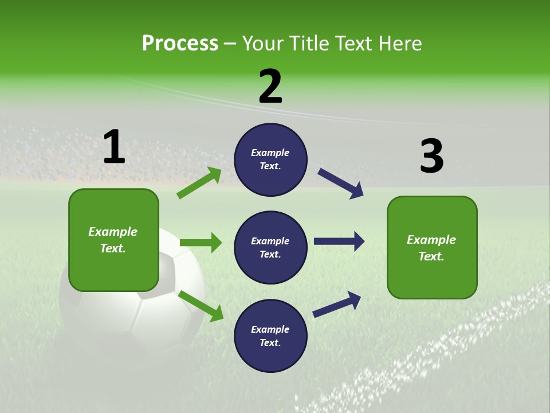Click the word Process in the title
(x=180, y=44)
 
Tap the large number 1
(x=114, y=147)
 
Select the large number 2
(x=270, y=86)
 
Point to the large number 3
(x=431, y=156)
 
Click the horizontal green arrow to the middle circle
(x=201, y=243)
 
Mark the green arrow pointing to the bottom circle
(x=201, y=306)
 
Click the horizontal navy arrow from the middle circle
(x=339, y=241)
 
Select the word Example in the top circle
(x=270, y=153)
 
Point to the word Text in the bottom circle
(x=269, y=342)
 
